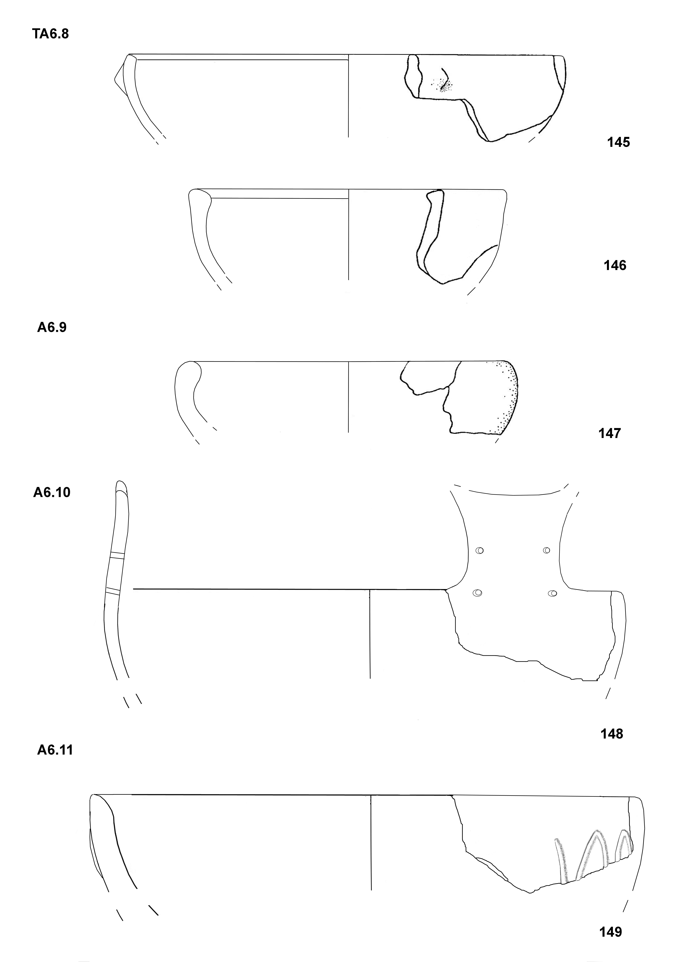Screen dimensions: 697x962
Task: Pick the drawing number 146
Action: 615,265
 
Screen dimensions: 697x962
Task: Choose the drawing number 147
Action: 610,433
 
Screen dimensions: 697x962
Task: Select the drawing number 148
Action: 612,734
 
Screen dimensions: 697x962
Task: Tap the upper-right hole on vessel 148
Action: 547,550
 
